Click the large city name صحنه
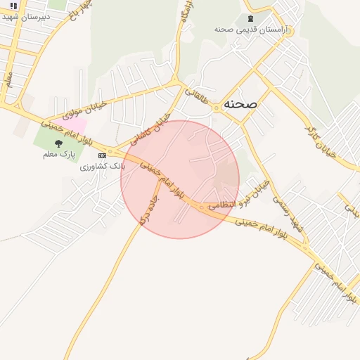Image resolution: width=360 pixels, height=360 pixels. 240,103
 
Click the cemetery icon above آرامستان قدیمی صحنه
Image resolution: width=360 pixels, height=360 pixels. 250,18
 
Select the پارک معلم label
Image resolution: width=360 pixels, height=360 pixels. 58,154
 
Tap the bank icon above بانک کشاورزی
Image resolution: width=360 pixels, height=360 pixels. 103,155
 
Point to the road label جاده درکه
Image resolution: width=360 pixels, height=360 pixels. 150,210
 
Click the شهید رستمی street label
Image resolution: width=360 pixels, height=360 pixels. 287,214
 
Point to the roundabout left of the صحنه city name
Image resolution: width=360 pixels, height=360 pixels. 216,107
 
